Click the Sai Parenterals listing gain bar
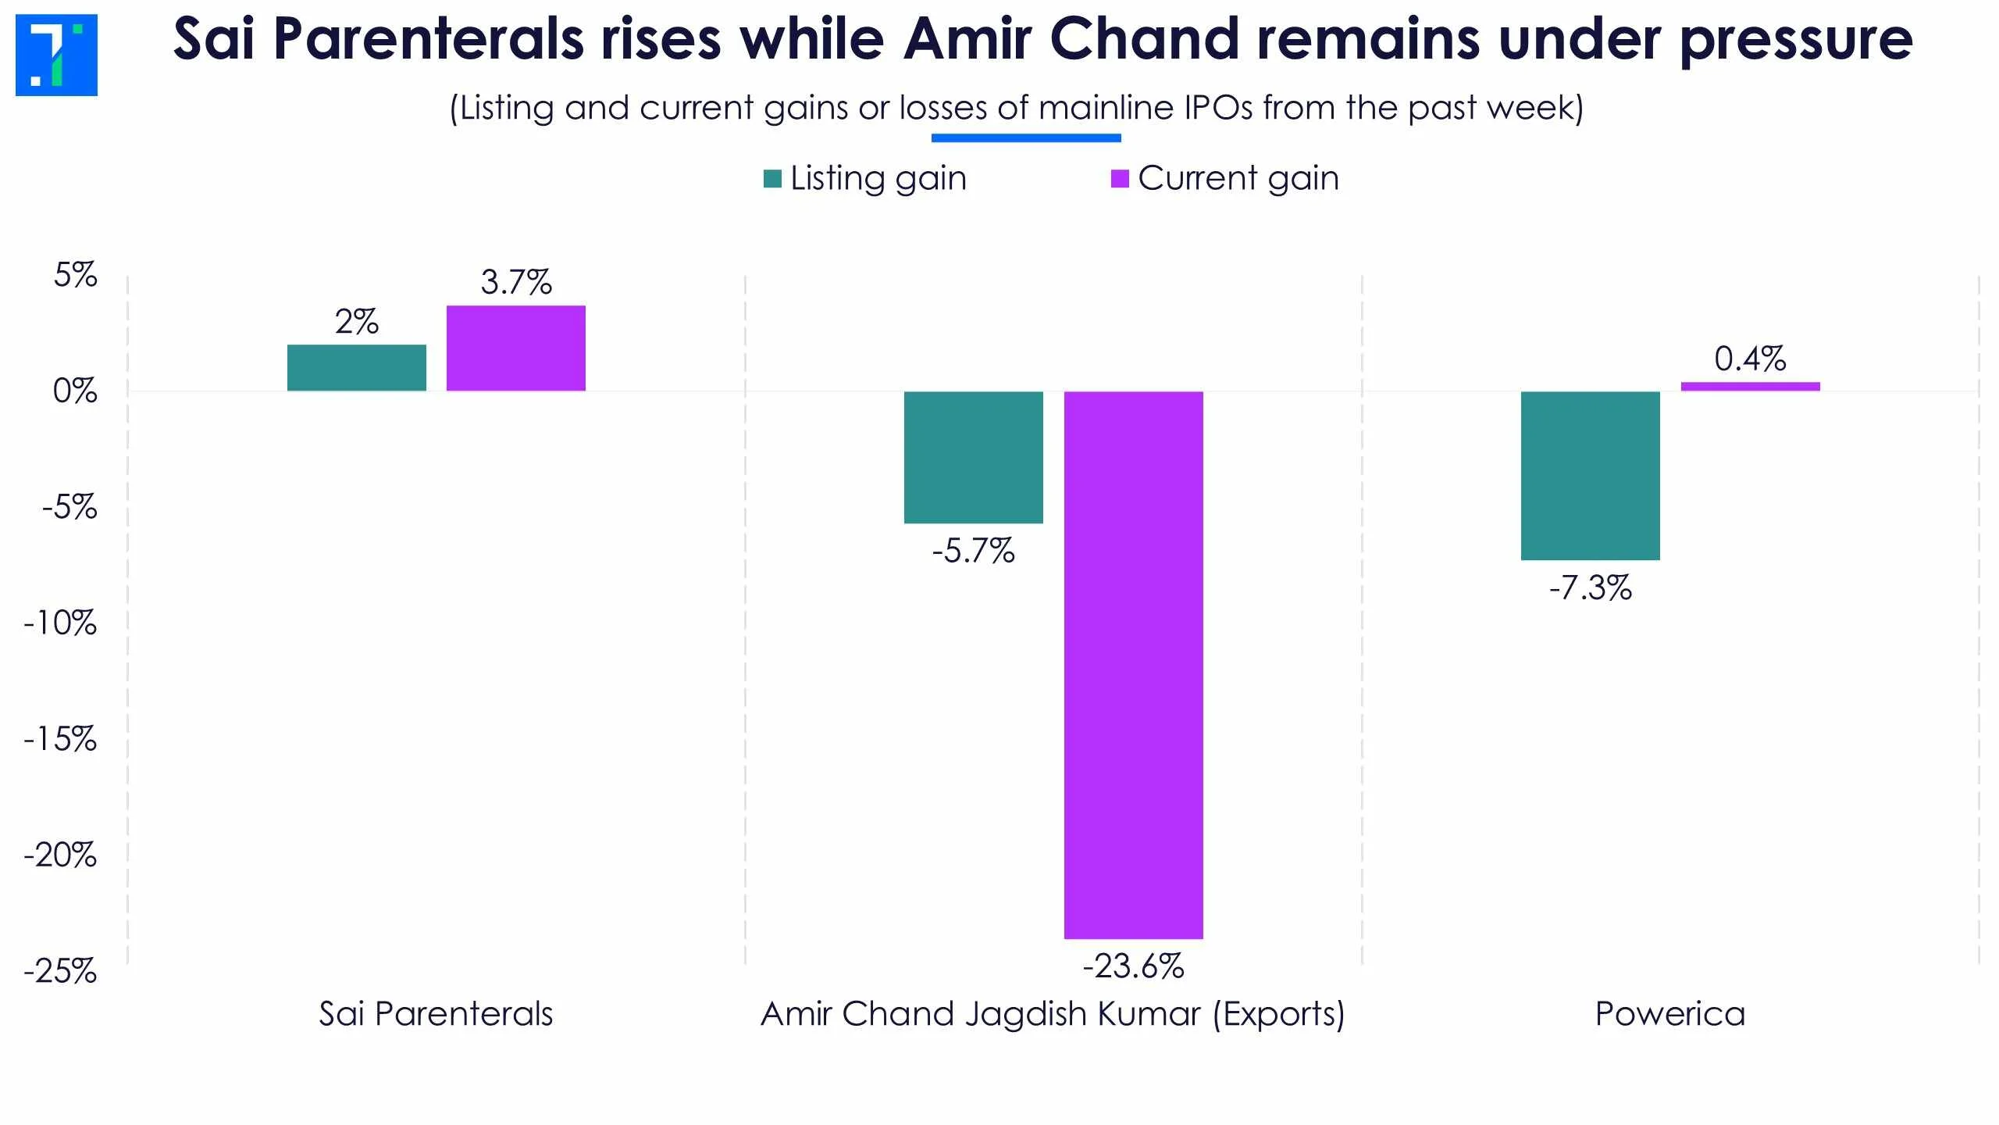(x=357, y=367)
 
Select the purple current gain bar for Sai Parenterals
(x=515, y=348)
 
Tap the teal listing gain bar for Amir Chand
(x=973, y=457)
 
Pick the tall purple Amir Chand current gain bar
(x=1133, y=664)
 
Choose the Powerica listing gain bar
(x=1590, y=475)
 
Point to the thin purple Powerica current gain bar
(x=1750, y=386)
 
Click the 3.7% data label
(x=515, y=282)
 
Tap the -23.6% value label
(x=1133, y=966)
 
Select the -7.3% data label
(x=1590, y=587)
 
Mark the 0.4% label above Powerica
(x=1750, y=359)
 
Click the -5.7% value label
(x=973, y=551)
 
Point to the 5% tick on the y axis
(x=75, y=275)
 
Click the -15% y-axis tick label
(x=60, y=739)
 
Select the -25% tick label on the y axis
(x=60, y=971)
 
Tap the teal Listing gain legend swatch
(x=772, y=179)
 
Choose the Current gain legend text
(x=1238, y=178)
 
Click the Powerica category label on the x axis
(x=1669, y=1014)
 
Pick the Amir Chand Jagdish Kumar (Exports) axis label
(x=1053, y=1014)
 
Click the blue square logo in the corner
(x=56, y=55)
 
